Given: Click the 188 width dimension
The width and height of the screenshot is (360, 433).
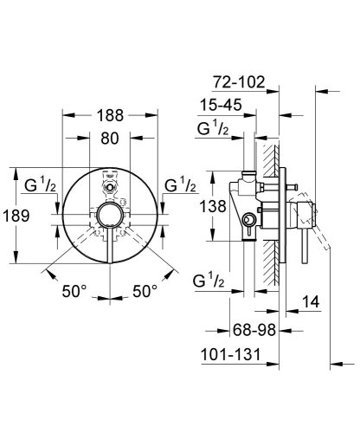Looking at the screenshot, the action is coord(110,115).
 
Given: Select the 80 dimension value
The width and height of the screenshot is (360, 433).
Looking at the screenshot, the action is coord(110,139).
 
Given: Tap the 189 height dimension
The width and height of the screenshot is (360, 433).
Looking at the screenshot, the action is coord(16,216).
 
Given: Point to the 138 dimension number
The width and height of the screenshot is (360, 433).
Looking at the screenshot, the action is coord(213,206).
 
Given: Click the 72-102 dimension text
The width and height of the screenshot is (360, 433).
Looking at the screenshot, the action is coord(239,82).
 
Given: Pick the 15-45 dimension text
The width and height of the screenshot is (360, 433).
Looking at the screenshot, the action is coord(221,105).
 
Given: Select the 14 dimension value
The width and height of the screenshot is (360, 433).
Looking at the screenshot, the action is coord(311,302).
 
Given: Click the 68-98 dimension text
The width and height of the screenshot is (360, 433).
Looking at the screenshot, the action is coord(254,330).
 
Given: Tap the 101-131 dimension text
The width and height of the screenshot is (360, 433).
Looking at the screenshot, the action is coord(230,354).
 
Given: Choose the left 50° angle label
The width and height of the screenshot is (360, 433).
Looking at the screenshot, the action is coord(74,291).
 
